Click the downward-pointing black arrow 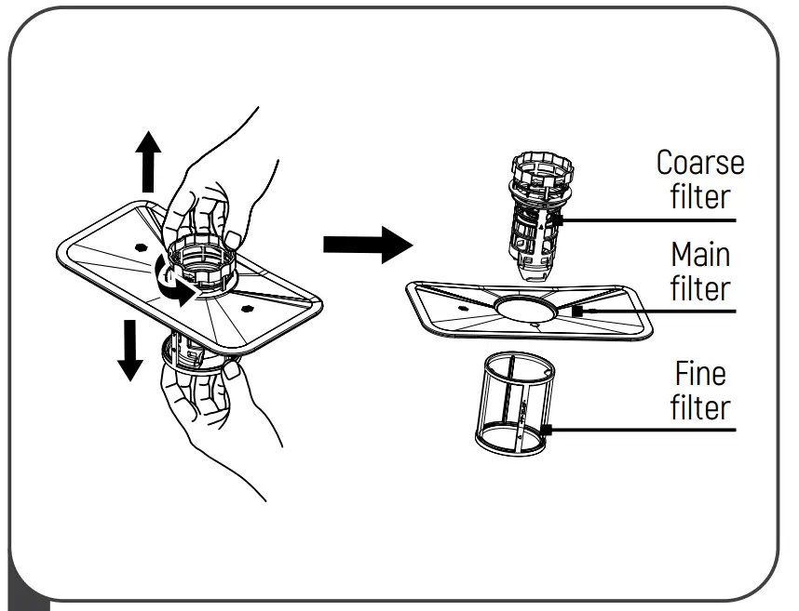[130, 350]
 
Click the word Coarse [699, 163]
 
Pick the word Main [700, 255]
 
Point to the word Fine [699, 374]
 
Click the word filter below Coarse [699, 197]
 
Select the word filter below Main [700, 289]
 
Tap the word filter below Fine [699, 408]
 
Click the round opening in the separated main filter [526, 309]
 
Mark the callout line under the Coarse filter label [652, 220]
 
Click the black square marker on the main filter [577, 312]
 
